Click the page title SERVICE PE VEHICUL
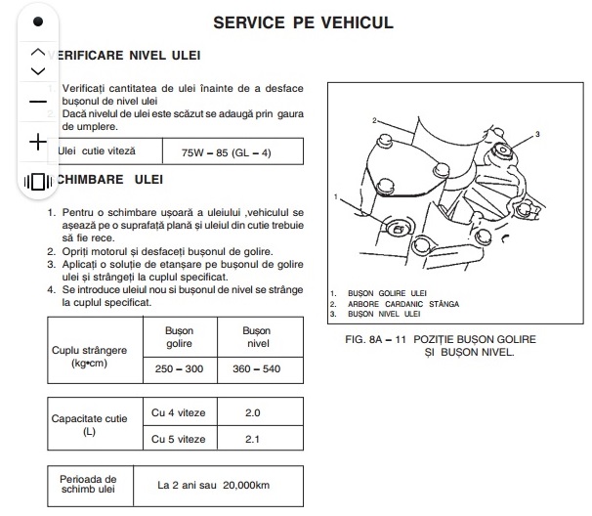tap(304, 21)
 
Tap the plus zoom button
tap(38, 143)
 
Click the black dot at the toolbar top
tap(38, 21)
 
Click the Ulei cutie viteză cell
tap(98, 151)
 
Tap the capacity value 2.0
tap(253, 412)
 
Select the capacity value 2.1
tap(253, 439)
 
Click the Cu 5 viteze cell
tap(179, 439)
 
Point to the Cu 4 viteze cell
tap(179, 412)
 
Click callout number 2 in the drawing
tap(374, 120)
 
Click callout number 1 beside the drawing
tap(335, 197)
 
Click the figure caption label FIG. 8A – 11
tap(368, 338)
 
